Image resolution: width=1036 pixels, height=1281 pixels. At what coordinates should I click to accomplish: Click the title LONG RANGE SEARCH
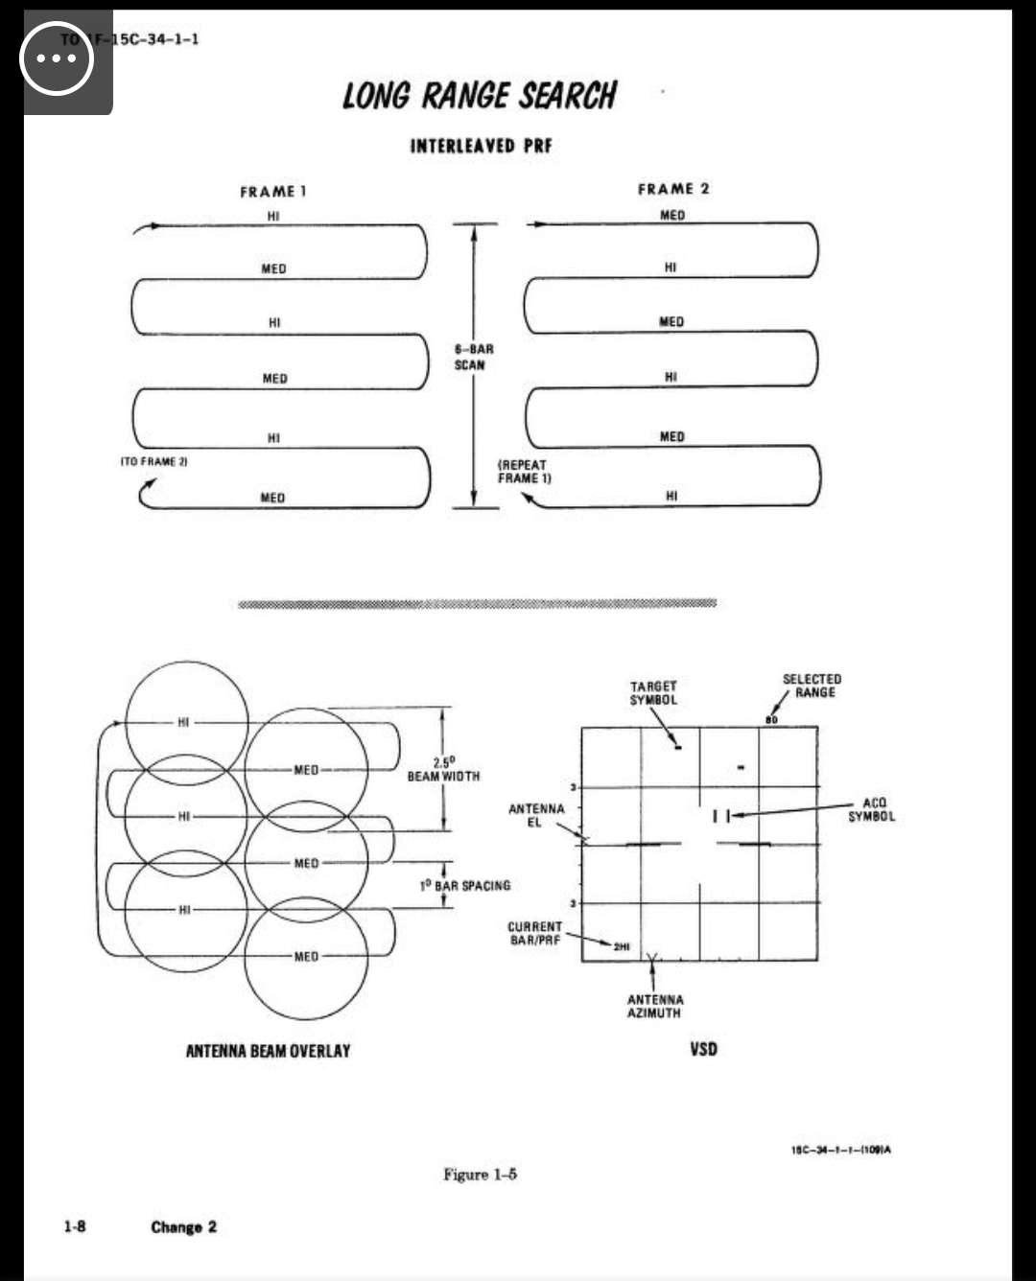click(480, 96)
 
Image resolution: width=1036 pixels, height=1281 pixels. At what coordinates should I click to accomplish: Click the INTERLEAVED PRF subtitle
click(481, 146)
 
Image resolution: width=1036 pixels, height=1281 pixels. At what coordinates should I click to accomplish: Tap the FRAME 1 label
click(272, 192)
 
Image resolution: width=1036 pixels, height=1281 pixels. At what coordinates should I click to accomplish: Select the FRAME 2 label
click(673, 189)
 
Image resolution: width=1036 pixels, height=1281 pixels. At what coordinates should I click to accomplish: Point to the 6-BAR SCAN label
click(473, 357)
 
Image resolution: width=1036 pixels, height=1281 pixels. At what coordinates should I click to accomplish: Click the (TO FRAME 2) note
click(153, 461)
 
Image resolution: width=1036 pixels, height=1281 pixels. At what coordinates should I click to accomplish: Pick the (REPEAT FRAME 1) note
click(524, 471)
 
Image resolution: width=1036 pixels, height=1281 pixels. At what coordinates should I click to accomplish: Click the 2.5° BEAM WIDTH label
click(443, 769)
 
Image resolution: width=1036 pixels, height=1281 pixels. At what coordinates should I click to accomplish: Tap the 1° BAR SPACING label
click(465, 885)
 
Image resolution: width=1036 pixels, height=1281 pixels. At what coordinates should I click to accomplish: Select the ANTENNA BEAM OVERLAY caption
click(268, 1051)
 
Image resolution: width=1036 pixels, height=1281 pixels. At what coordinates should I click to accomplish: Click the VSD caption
click(703, 1049)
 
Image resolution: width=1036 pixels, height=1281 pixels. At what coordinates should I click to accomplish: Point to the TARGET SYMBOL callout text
click(653, 692)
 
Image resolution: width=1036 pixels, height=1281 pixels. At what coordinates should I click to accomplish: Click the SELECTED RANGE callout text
click(812, 686)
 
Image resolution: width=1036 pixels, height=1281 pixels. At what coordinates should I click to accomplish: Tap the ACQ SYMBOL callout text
click(871, 809)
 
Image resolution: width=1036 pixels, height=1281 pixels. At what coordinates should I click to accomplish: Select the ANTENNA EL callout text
click(536, 815)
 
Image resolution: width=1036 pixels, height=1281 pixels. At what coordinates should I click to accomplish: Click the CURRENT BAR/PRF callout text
click(534, 933)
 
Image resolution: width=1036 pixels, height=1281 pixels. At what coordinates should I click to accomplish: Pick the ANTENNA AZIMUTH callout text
click(654, 1006)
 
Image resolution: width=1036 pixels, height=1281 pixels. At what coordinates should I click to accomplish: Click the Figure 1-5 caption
click(480, 1174)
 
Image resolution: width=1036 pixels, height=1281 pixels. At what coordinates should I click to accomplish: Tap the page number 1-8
click(75, 1226)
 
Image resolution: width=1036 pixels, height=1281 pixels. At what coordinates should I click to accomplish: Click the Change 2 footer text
click(183, 1226)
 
